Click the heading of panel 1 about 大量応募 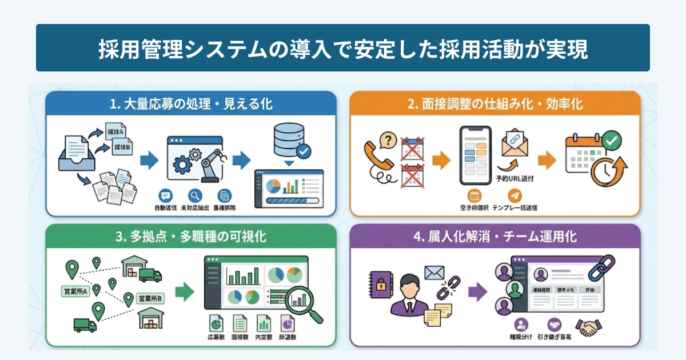click(191, 105)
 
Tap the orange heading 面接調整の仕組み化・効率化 click(495, 105)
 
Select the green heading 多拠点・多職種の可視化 click(190, 237)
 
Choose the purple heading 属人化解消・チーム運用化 click(495, 237)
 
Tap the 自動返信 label click(166, 207)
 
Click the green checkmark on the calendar click(612, 140)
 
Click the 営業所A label click(76, 292)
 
